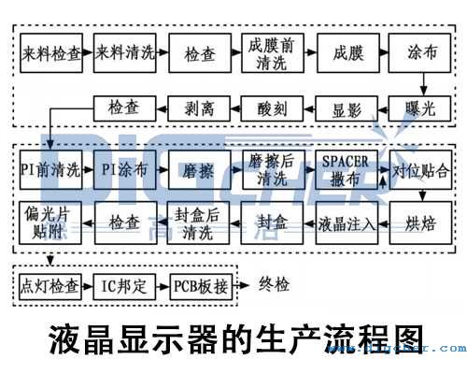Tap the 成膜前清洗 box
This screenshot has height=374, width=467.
coord(273,53)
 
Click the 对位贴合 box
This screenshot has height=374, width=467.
coord(419,171)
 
